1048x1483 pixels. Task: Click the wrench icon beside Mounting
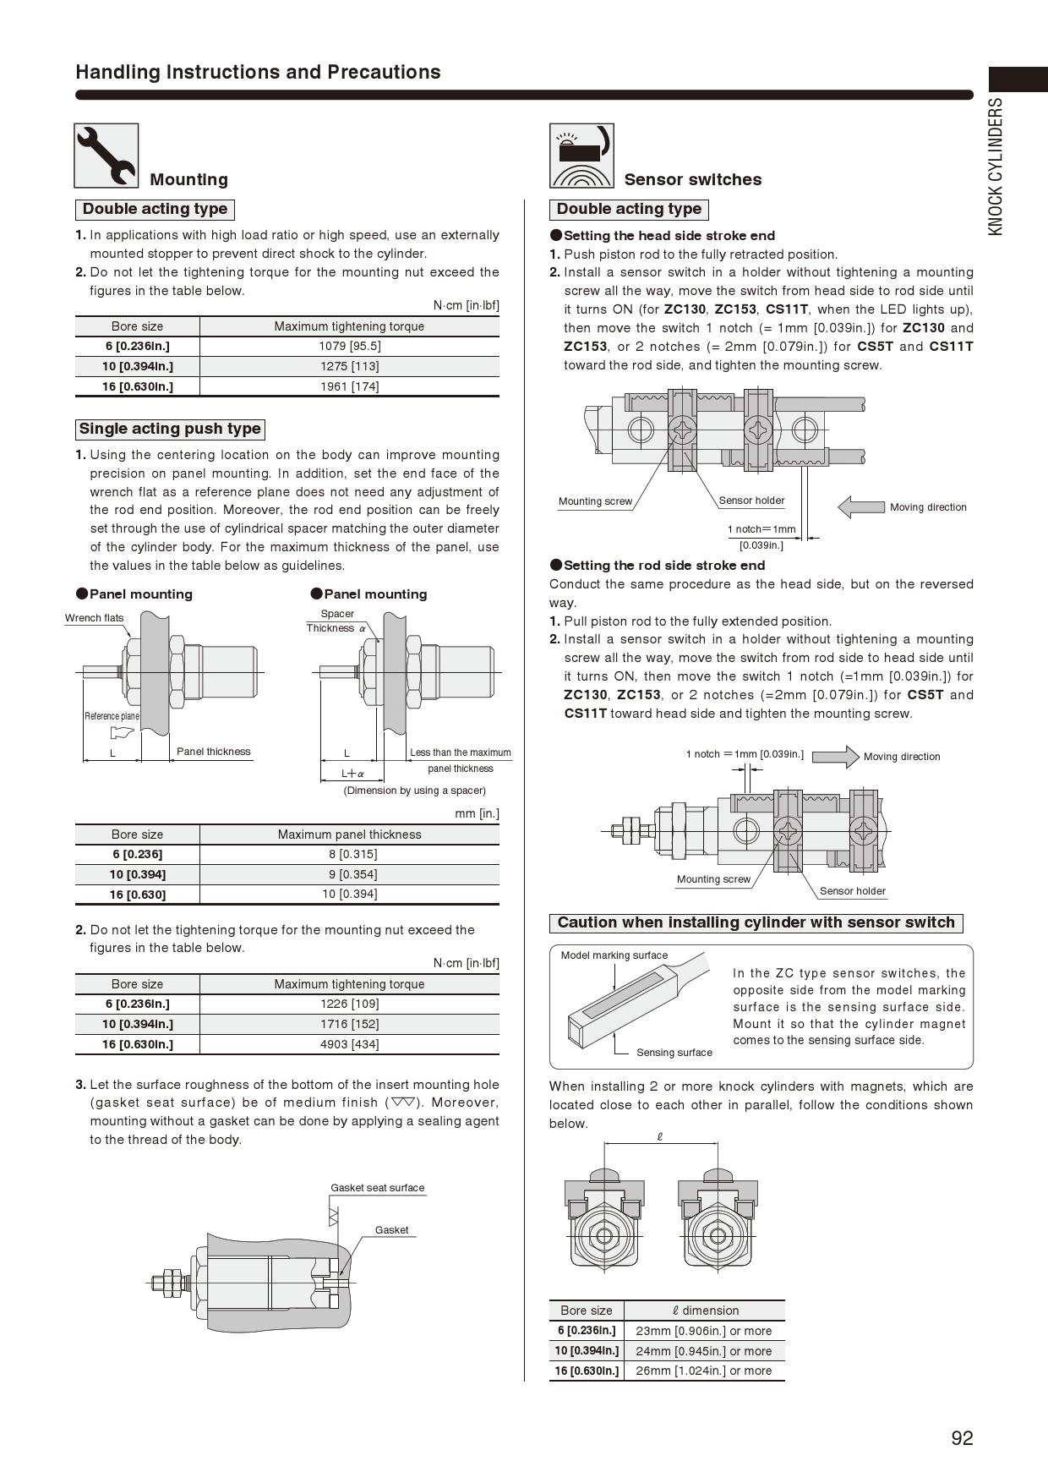click(106, 156)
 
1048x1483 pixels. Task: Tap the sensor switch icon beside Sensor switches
click(581, 156)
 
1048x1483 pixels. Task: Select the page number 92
click(962, 1438)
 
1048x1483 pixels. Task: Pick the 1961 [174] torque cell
click(349, 386)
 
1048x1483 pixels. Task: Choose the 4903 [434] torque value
click(349, 1044)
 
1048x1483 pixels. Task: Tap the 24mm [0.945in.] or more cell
click(703, 1351)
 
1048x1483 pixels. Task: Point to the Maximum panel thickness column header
click(349, 835)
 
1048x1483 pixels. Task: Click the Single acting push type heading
click(170, 429)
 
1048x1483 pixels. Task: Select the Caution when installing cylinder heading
click(756, 922)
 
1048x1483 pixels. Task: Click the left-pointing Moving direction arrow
click(860, 506)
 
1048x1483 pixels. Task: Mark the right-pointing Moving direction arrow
click(835, 756)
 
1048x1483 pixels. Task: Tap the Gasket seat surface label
click(377, 1188)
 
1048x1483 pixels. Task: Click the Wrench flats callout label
click(94, 618)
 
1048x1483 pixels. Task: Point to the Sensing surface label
click(674, 1053)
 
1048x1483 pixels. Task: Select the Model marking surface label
click(614, 955)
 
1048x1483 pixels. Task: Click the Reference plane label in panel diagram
click(112, 716)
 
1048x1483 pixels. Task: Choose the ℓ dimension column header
click(705, 1311)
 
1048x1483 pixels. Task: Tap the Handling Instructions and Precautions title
click(258, 72)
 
